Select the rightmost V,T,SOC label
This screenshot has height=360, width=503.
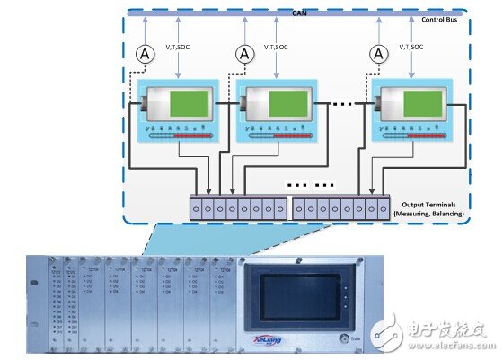(430, 45)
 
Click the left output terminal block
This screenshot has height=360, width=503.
(238, 206)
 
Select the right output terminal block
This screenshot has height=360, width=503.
(342, 206)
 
